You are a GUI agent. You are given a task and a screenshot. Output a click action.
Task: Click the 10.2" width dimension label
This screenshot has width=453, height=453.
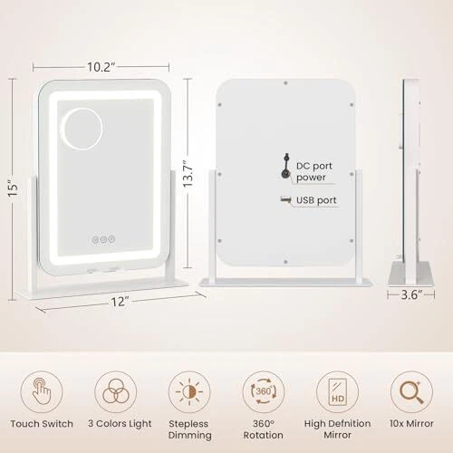pos(101,67)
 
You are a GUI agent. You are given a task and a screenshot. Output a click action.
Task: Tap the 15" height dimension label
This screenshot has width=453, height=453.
pos(14,188)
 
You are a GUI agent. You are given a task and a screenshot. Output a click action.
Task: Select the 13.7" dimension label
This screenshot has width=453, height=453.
pos(188,174)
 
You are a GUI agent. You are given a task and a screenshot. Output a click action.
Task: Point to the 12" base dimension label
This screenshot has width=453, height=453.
pos(120,302)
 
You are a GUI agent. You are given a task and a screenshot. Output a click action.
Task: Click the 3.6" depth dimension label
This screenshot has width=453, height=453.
pos(411,294)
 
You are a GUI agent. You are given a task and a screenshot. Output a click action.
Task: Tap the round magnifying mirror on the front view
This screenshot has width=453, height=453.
pos(82,129)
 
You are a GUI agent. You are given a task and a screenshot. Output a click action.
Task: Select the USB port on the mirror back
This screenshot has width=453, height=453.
pos(285,199)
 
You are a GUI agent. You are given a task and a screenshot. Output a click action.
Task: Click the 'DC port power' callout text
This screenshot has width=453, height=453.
pos(314,171)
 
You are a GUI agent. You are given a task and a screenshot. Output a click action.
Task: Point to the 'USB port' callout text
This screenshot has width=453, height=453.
pos(316,200)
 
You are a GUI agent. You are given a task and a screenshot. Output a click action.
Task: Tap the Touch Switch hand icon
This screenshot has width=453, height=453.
pos(42,391)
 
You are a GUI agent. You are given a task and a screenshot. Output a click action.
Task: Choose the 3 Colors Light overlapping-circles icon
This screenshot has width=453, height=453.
pos(116,391)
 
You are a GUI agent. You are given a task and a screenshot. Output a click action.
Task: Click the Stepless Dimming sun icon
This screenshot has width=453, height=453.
pos(189,391)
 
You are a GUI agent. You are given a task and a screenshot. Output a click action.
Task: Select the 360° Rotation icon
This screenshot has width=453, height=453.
pos(264,391)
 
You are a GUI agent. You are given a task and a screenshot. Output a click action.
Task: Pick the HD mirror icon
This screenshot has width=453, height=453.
pos(337,391)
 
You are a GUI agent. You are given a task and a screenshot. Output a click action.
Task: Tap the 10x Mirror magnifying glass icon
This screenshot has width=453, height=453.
pos(411,391)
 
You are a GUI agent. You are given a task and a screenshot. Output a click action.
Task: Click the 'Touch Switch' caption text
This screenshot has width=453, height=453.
pos(42,424)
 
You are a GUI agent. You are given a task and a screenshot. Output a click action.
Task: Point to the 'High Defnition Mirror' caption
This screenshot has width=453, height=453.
pos(337,429)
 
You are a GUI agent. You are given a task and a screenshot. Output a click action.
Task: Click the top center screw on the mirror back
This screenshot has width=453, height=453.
pos(285,82)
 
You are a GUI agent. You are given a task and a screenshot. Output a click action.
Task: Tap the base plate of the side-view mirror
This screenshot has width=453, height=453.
pos(411,274)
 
